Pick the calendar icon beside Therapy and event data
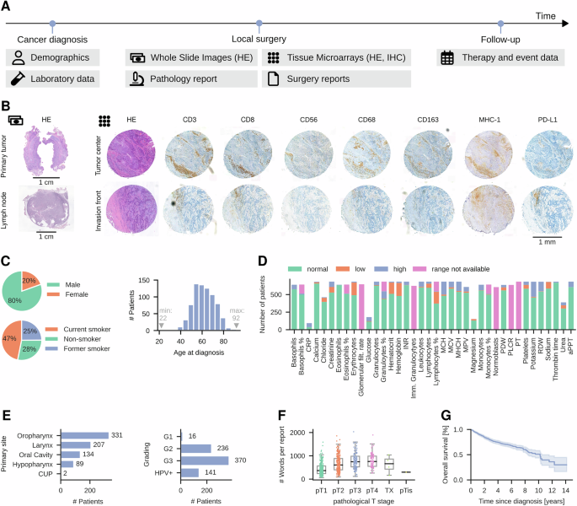[x=448, y=57]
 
